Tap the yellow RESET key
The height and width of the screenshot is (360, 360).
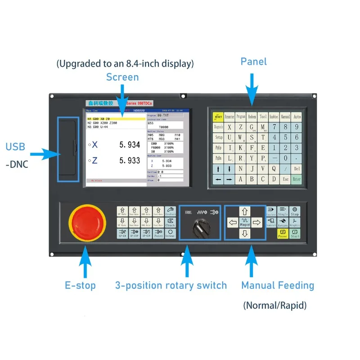(218, 117)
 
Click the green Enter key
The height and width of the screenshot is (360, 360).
(297, 179)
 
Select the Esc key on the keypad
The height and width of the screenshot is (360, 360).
(285, 179)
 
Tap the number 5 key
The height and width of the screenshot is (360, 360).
(285, 137)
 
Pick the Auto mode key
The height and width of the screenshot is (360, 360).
(297, 117)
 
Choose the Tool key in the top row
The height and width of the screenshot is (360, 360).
(263, 117)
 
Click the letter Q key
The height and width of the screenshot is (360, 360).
(274, 168)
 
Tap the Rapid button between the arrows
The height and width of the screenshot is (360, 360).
(245, 222)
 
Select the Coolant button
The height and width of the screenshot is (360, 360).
(170, 211)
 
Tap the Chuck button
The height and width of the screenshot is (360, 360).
(170, 223)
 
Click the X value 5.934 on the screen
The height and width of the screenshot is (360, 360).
(130, 145)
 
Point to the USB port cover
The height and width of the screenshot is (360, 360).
(68, 148)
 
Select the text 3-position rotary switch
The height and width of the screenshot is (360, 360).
(171, 285)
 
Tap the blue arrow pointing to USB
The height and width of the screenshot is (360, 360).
(45, 155)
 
